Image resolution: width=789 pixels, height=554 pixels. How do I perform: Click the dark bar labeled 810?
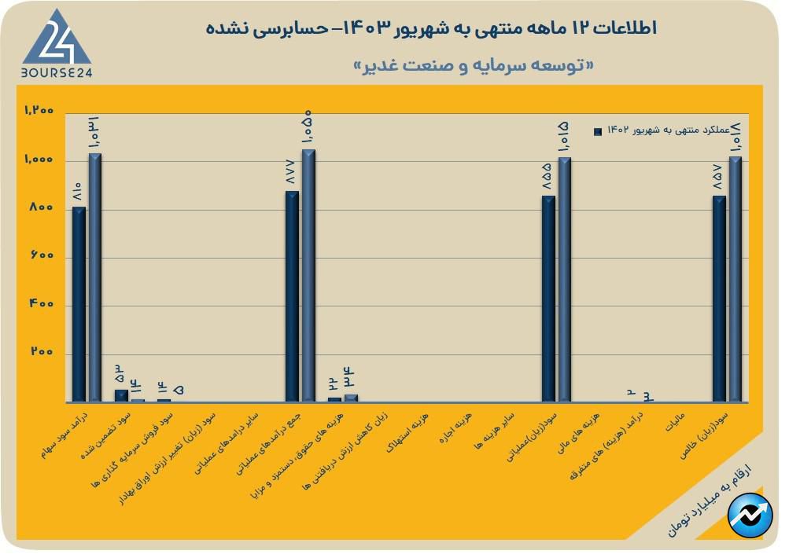[78, 304]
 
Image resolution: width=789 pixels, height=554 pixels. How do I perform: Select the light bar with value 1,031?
[94, 277]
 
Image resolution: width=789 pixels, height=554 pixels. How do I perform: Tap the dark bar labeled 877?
[292, 296]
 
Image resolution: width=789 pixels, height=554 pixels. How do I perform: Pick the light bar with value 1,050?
[308, 275]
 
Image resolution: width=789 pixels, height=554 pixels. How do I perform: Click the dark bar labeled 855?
[548, 299]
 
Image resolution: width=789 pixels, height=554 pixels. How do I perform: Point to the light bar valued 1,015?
[565, 280]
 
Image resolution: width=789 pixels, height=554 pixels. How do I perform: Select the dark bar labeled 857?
[719, 299]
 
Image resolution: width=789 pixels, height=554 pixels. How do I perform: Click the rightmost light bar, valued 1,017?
[736, 280]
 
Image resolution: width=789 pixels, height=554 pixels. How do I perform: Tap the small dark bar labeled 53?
[121, 395]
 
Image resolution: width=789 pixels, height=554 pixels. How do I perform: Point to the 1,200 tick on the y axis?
[39, 111]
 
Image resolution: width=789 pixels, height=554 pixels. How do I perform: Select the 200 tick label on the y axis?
[44, 353]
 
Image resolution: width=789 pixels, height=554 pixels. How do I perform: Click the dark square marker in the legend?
[598, 131]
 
